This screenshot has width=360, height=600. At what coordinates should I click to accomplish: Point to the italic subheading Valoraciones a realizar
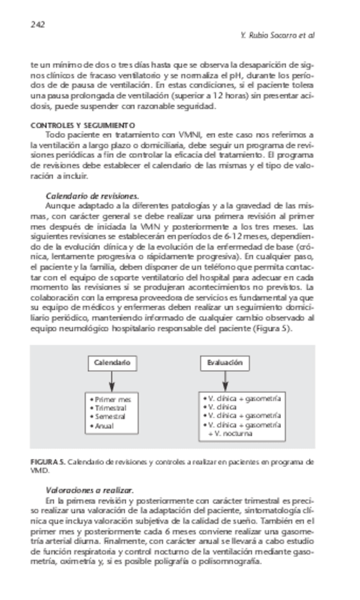click(x=89, y=490)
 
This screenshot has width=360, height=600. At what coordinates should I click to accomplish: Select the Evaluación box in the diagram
click(x=225, y=363)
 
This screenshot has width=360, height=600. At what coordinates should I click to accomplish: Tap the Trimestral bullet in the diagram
click(x=110, y=408)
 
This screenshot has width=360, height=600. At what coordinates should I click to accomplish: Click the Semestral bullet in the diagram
click(x=110, y=417)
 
